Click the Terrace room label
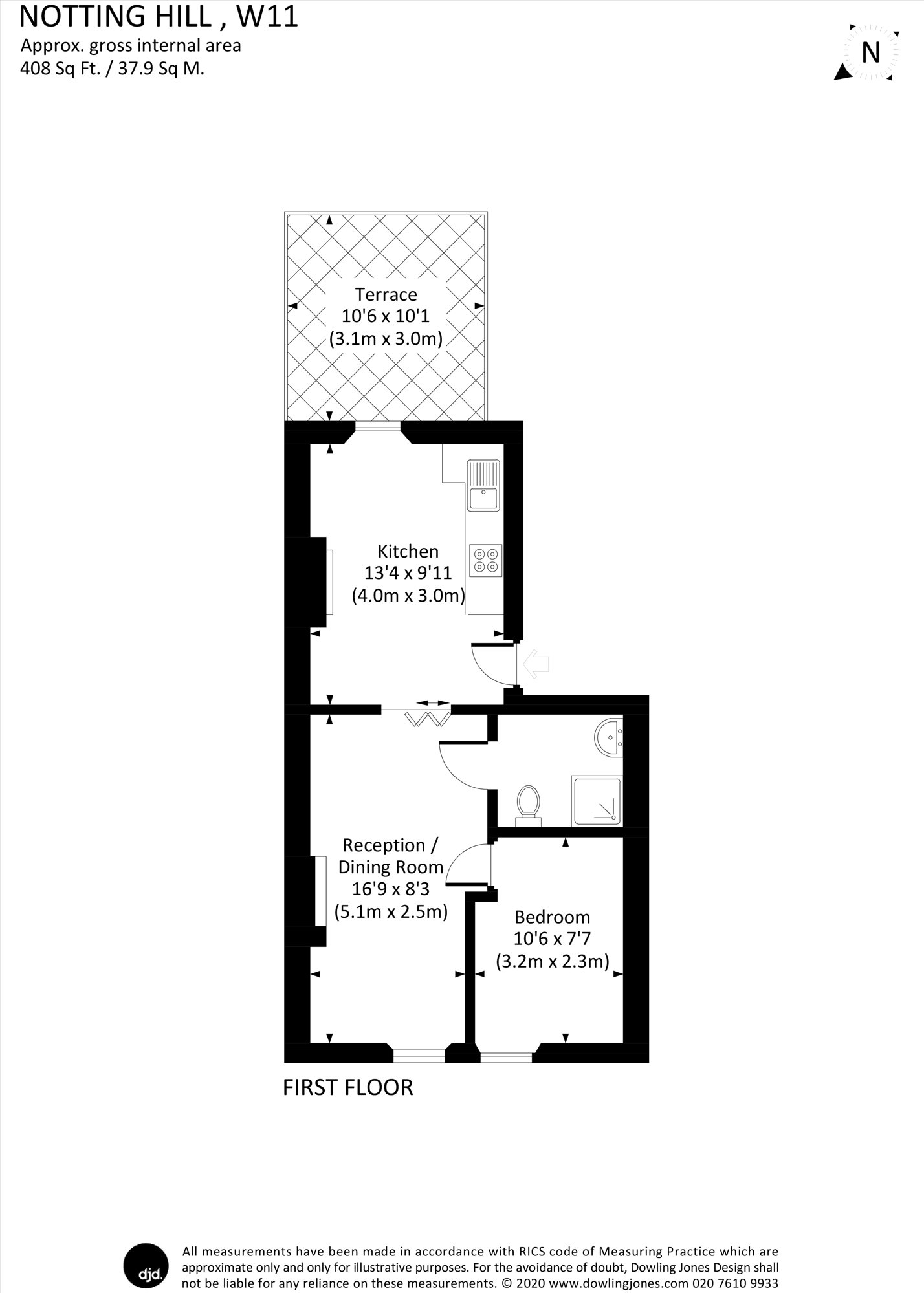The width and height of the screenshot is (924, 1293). [x=386, y=295]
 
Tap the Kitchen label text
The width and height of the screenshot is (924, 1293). [x=408, y=551]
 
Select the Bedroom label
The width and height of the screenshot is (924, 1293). [x=552, y=917]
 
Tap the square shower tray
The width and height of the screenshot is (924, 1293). [x=597, y=801]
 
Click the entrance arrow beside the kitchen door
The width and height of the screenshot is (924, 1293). [x=536, y=664]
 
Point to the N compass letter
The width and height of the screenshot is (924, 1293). [x=871, y=52]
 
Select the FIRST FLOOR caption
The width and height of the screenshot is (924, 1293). [x=348, y=1087]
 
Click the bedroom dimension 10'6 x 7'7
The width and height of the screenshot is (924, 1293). [x=552, y=939]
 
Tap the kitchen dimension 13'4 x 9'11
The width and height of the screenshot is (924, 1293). [x=408, y=573]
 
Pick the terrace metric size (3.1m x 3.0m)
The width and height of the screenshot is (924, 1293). [x=386, y=339]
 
